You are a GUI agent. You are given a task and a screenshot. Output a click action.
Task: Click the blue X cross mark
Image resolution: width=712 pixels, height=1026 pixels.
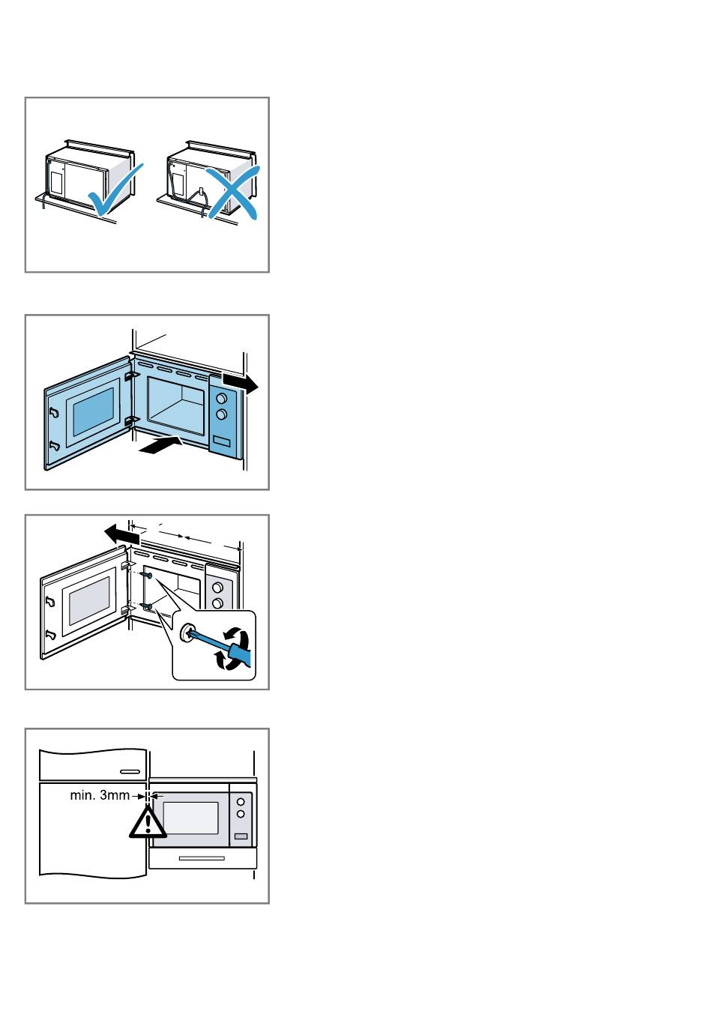coord(233,192)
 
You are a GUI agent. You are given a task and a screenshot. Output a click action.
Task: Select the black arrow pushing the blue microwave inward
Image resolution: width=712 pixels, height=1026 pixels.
coord(160,445)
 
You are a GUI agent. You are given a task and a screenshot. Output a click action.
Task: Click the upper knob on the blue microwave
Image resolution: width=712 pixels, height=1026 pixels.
coord(221,398)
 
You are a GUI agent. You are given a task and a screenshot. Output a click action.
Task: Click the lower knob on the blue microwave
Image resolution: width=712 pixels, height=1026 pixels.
coord(221,414)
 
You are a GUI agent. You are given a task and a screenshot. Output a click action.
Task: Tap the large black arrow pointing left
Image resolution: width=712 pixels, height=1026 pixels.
coord(121,534)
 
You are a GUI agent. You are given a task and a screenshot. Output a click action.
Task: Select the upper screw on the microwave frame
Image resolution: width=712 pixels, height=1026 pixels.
coord(148,574)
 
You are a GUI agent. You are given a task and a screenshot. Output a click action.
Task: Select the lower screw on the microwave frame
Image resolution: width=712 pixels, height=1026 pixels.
coord(148,606)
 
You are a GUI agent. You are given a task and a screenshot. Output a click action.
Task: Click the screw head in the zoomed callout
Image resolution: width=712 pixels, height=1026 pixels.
coord(186,632)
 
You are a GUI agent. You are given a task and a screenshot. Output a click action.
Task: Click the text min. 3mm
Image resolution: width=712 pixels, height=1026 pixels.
coord(100,795)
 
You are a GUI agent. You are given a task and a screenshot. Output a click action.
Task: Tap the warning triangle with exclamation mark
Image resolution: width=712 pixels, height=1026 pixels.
coord(148,822)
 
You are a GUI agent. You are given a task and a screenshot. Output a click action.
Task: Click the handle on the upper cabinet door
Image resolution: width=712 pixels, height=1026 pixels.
coord(130,772)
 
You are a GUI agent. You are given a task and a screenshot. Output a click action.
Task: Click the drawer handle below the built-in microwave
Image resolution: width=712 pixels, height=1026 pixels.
coord(202,858)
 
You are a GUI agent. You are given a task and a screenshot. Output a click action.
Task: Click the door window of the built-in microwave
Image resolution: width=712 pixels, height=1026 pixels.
coord(190,818)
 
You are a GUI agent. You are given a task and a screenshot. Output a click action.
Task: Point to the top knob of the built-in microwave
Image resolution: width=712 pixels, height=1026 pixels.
coord(241,802)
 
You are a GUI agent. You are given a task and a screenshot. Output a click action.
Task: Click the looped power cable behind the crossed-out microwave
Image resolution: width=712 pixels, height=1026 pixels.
coord(202,200)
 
